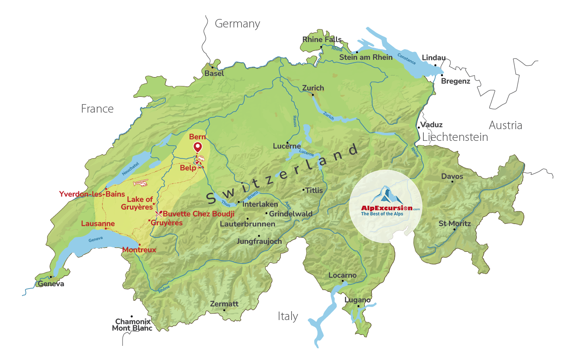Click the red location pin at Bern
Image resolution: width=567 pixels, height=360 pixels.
pyautogui.click(x=198, y=147)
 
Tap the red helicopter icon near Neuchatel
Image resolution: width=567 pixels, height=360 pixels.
pyautogui.click(x=141, y=183)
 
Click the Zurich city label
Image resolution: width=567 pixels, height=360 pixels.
pyautogui.click(x=313, y=88)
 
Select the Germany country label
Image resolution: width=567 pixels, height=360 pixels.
pyautogui.click(x=237, y=24)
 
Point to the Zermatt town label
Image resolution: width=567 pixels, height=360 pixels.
pyautogui.click(x=224, y=304)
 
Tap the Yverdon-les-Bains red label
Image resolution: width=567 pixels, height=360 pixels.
pyautogui.click(x=92, y=194)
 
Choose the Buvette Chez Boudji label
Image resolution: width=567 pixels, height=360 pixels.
pyautogui.click(x=198, y=214)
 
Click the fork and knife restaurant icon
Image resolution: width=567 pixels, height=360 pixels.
pyautogui.click(x=158, y=214)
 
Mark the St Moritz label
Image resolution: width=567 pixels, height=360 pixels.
pyautogui.click(x=454, y=224)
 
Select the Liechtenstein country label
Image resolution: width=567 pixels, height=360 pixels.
pyautogui.click(x=455, y=137)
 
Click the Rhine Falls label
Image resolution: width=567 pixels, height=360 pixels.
pyautogui.click(x=322, y=40)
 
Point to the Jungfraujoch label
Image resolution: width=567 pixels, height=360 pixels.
pyautogui.click(x=259, y=241)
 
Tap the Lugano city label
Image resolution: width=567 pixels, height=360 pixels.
pyautogui.click(x=357, y=300)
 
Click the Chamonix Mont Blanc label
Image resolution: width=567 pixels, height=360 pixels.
pyautogui.click(x=132, y=325)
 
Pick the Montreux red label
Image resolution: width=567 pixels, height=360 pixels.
pyautogui.click(x=139, y=250)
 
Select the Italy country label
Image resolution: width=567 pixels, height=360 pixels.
pyautogui.click(x=288, y=316)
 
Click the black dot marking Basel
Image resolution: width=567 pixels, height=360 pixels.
pyautogui.click(x=213, y=67)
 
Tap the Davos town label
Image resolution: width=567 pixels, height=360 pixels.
pyautogui.click(x=452, y=176)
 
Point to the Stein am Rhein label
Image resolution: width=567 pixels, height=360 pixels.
pyautogui.click(x=366, y=57)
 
